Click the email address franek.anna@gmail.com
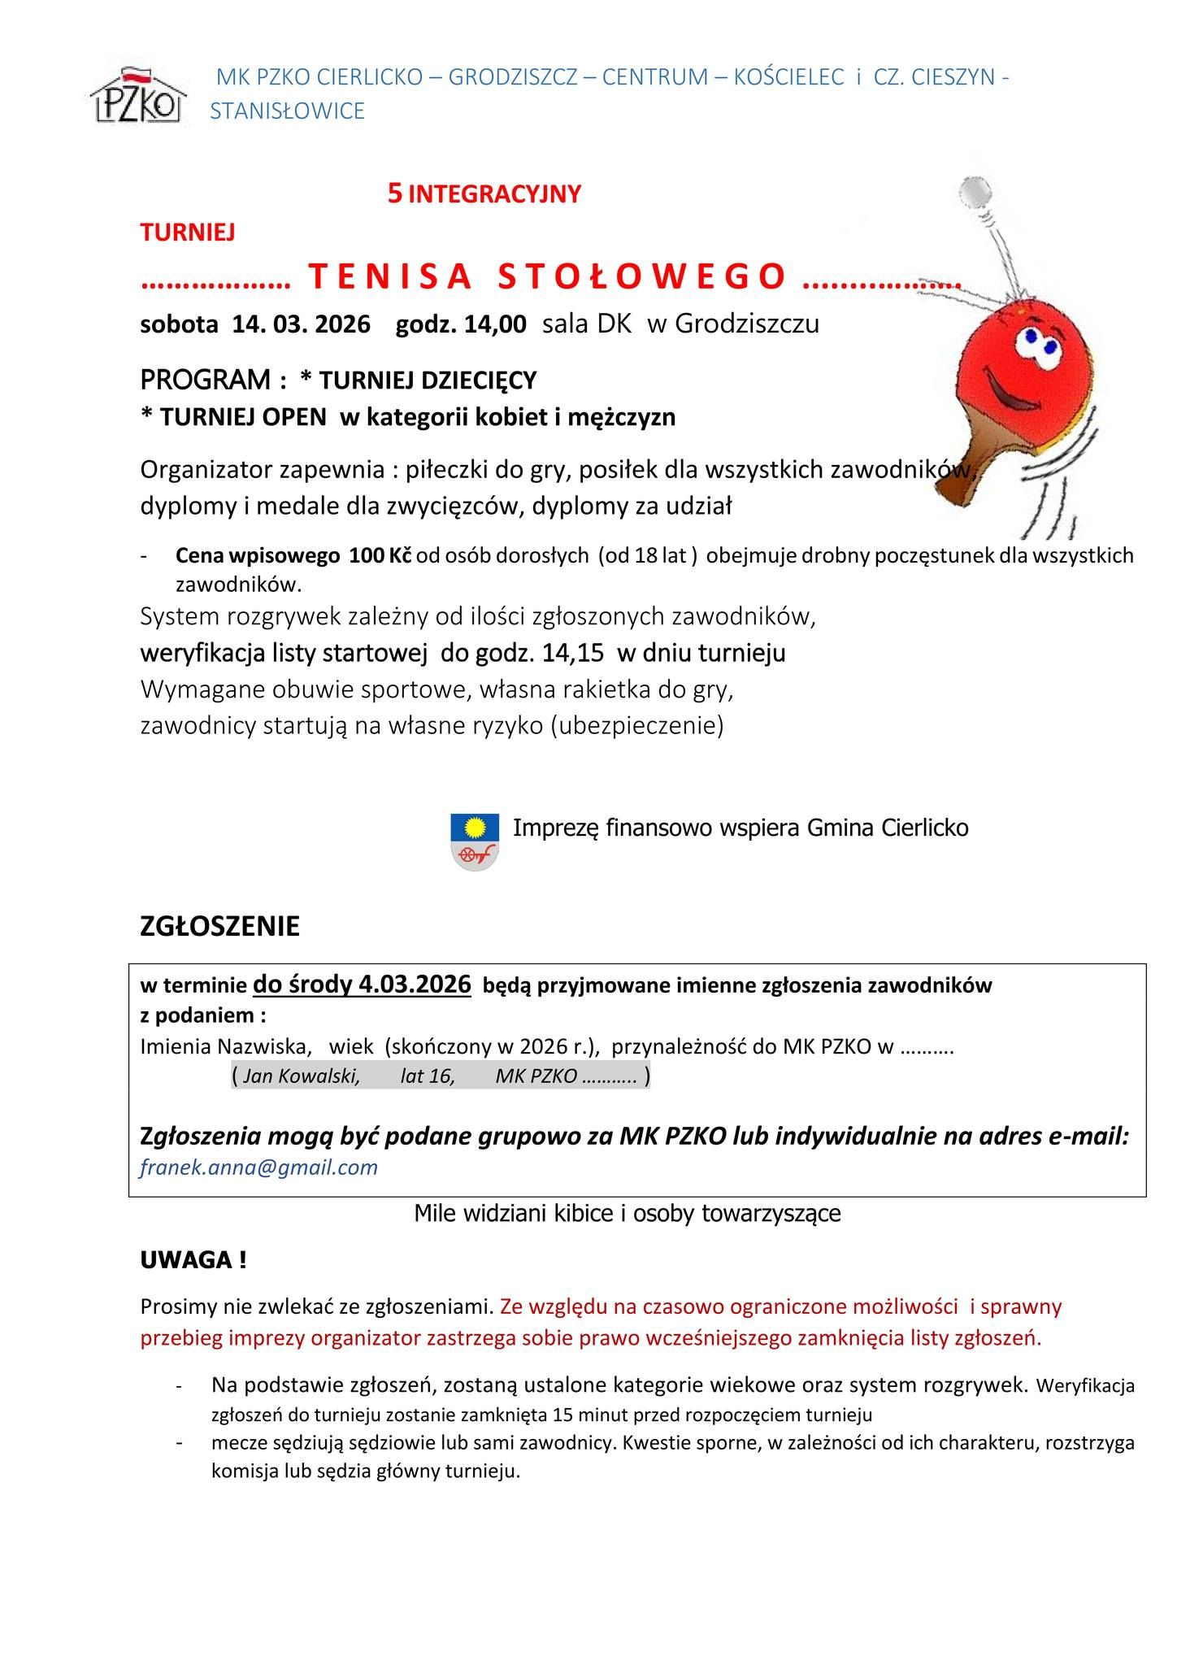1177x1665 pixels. (x=259, y=1167)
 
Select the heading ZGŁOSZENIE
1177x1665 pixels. (x=219, y=926)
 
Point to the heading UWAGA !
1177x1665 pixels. (x=193, y=1261)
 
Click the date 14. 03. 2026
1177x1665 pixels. (x=301, y=324)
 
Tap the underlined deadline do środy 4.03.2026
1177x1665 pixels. (x=362, y=984)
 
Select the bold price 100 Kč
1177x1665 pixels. (x=380, y=556)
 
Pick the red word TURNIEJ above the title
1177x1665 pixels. (x=188, y=233)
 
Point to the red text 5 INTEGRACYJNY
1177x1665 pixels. (x=484, y=194)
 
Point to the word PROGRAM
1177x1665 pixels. (x=206, y=380)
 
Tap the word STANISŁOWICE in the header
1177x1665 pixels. (x=287, y=111)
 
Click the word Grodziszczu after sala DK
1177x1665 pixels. (x=746, y=324)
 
